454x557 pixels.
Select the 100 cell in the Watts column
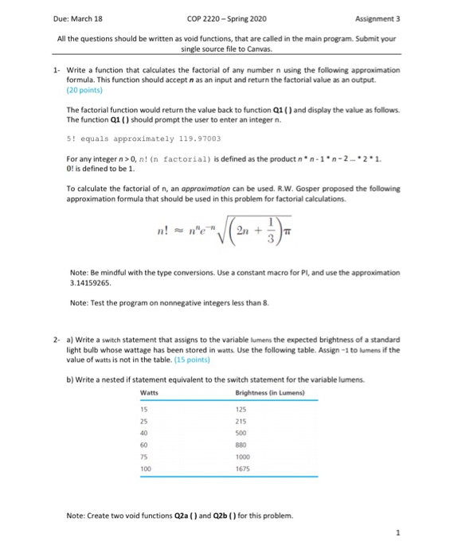[146, 470]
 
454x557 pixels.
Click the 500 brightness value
[242, 434]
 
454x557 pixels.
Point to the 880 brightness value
[242, 446]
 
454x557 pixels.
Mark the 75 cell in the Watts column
[144, 458]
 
